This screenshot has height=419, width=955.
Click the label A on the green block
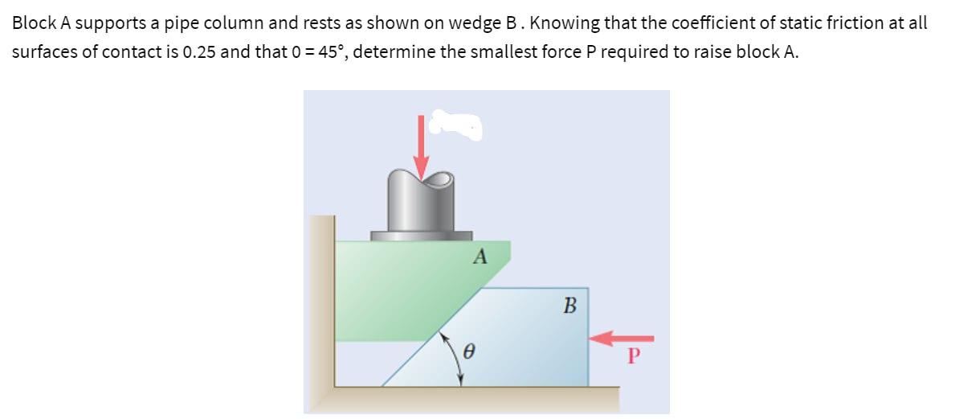(x=480, y=257)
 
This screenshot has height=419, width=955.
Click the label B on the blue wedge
(x=570, y=306)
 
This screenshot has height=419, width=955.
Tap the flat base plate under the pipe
(x=421, y=236)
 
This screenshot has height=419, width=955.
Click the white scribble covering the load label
(x=455, y=125)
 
